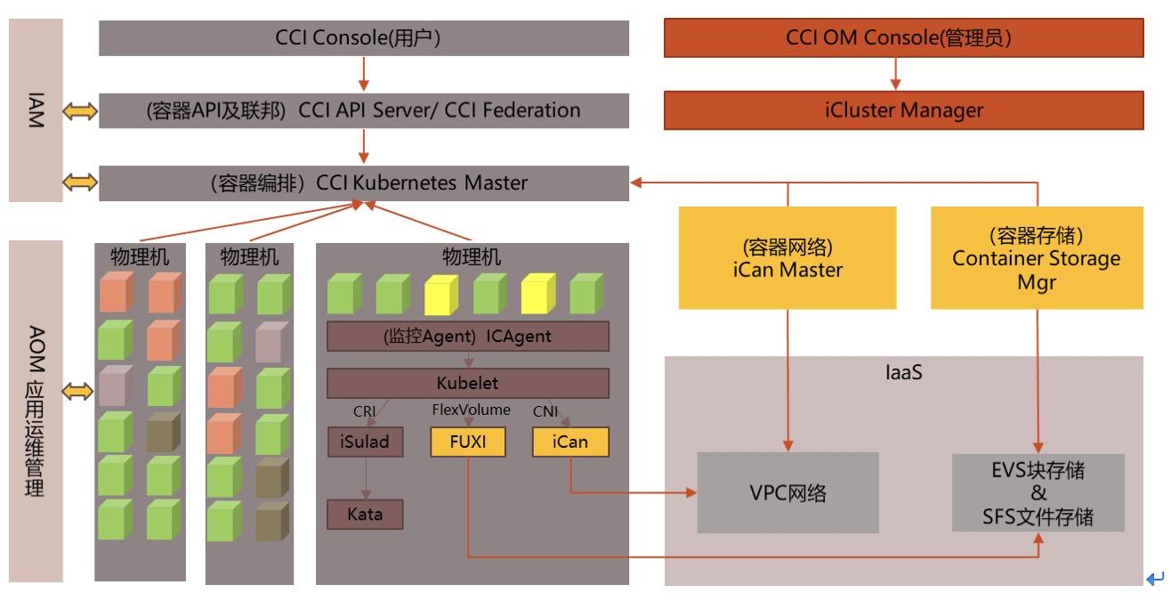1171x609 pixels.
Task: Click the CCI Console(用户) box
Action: pos(364,38)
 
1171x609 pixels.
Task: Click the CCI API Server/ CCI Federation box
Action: pos(364,111)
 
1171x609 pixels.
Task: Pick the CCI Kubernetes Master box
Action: pos(364,183)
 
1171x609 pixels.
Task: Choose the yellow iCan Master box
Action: pos(787,257)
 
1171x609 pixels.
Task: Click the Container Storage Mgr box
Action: pos(1037,257)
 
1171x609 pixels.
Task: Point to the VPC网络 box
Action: pos(787,492)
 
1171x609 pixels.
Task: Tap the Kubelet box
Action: pos(468,384)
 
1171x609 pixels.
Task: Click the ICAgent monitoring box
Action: pos(468,337)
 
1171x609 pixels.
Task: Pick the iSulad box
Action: pos(365,443)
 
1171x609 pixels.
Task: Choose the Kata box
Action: pos(365,514)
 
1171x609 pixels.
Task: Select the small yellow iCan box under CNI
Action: pos(570,443)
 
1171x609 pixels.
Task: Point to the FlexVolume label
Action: pos(472,410)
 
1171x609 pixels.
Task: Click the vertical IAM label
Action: pos(36,111)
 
